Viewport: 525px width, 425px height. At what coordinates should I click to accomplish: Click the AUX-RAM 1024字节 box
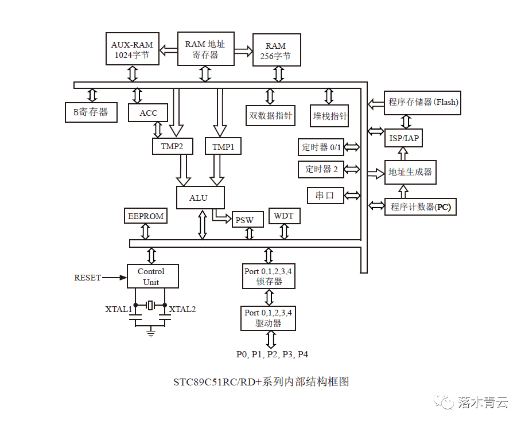click(x=133, y=49)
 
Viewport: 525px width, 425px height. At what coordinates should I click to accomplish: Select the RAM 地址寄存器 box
click(x=205, y=49)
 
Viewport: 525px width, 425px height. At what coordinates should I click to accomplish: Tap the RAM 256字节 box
click(x=275, y=51)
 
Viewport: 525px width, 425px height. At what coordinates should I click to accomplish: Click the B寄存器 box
click(x=91, y=112)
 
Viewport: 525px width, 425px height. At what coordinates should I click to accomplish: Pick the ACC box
click(x=148, y=113)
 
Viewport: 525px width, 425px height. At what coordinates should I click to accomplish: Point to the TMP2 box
click(x=172, y=147)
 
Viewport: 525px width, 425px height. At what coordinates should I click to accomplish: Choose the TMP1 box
click(x=223, y=147)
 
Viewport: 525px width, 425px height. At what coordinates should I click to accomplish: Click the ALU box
click(x=199, y=198)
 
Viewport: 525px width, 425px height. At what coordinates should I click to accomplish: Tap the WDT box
click(x=283, y=216)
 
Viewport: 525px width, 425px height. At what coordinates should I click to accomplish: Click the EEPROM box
click(x=146, y=216)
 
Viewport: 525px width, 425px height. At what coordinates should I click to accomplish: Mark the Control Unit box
click(x=151, y=276)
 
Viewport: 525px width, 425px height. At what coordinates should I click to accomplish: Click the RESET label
click(x=87, y=278)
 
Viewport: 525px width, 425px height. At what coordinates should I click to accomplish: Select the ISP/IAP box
click(x=404, y=138)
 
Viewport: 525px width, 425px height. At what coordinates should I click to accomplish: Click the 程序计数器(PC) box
click(x=421, y=207)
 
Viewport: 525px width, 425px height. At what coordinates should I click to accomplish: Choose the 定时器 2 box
click(x=321, y=169)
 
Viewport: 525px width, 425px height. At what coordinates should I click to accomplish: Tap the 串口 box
click(x=325, y=196)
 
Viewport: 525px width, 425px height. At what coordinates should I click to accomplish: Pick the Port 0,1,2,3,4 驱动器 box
click(x=268, y=318)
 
